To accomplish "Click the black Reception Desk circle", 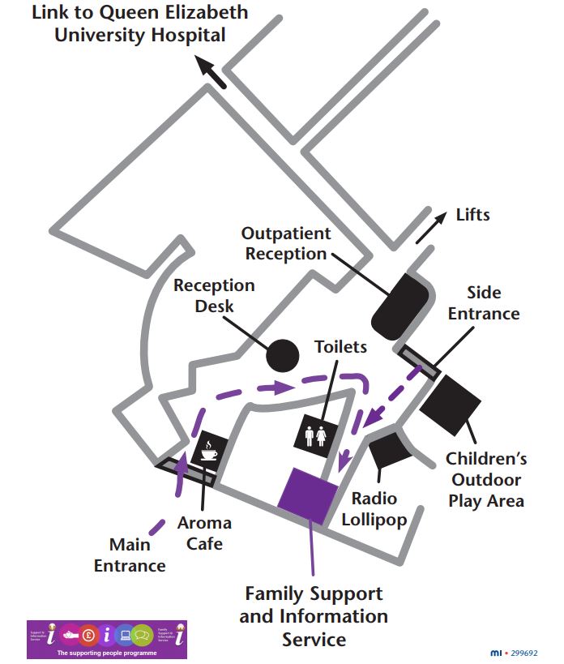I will click(284, 354).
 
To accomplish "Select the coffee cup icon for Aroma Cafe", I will click(210, 449).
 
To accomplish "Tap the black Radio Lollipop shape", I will click(391, 451).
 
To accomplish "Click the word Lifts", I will click(473, 215).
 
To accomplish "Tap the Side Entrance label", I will click(484, 302).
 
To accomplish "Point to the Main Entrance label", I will click(130, 555).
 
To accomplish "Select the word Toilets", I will click(340, 347).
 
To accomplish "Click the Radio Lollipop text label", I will click(374, 509).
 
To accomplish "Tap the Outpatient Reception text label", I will click(286, 243).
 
